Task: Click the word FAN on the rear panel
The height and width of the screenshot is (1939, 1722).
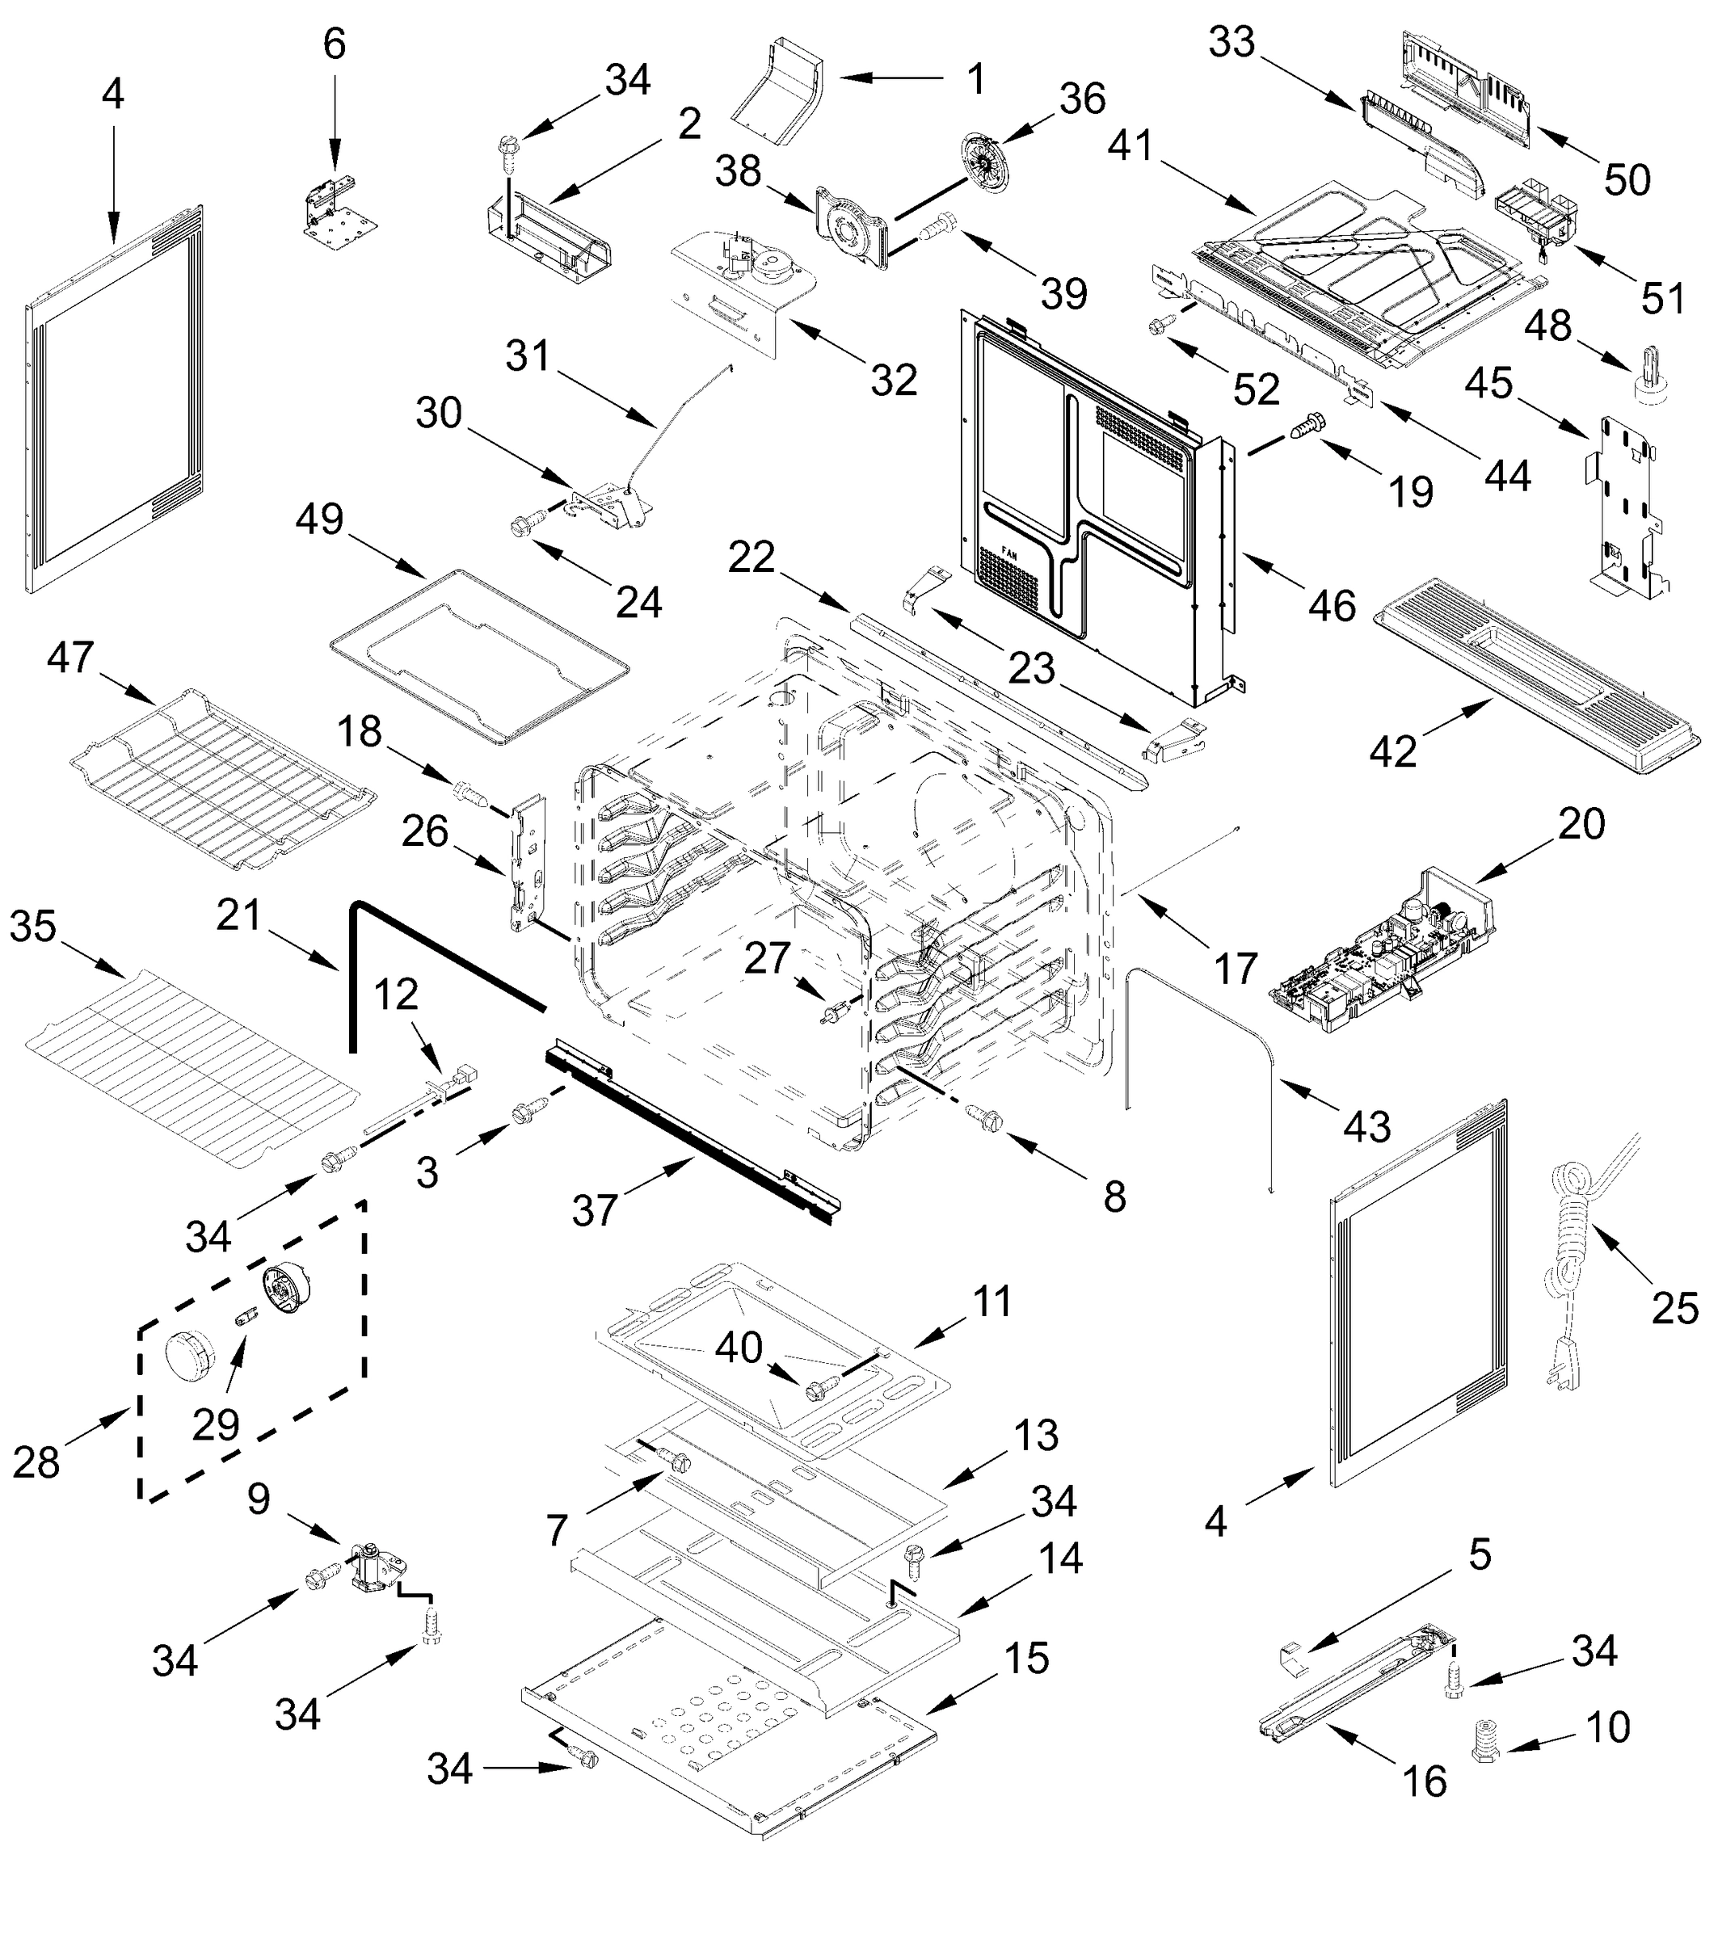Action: click(x=1008, y=549)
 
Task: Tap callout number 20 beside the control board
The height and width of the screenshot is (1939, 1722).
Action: click(x=1581, y=823)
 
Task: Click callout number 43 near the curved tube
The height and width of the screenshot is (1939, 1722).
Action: click(x=1367, y=1126)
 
